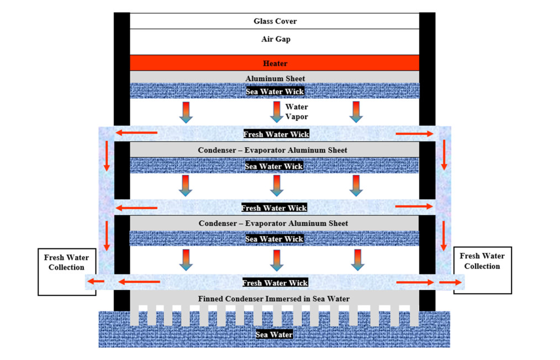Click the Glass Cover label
275,21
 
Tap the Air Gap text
276,39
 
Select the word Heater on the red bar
275,63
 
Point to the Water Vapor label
297,112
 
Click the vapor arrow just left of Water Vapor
277,112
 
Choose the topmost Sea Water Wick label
274,92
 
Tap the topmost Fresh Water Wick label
276,134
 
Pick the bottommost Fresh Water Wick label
275,283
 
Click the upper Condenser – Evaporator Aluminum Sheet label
272,150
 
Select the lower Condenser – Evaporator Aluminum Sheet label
273,224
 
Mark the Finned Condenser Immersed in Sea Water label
274,299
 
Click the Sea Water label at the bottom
274,335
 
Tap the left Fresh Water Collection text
66,262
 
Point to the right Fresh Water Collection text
482,261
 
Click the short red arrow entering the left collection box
96,282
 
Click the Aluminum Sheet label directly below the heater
276,78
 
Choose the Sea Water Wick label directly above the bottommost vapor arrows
274,239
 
